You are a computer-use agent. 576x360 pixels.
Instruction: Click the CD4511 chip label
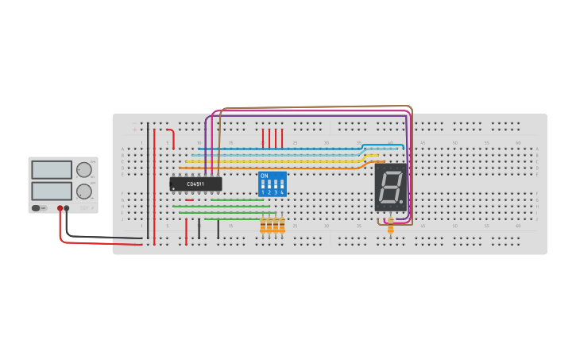[195, 184]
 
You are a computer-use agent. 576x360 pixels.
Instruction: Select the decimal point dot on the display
[401, 203]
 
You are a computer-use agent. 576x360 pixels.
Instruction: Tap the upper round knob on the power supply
[83, 169]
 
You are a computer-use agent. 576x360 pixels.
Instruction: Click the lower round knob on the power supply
[83, 191]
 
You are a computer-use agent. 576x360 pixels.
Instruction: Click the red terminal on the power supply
[60, 208]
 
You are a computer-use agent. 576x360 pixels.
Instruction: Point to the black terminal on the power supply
[67, 208]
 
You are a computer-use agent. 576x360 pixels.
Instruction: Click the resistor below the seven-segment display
[390, 226]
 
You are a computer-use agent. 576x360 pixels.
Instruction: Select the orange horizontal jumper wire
[270, 168]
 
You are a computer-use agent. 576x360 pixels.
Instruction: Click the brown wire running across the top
[318, 106]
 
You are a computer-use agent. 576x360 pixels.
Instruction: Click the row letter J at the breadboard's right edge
[537, 213]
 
